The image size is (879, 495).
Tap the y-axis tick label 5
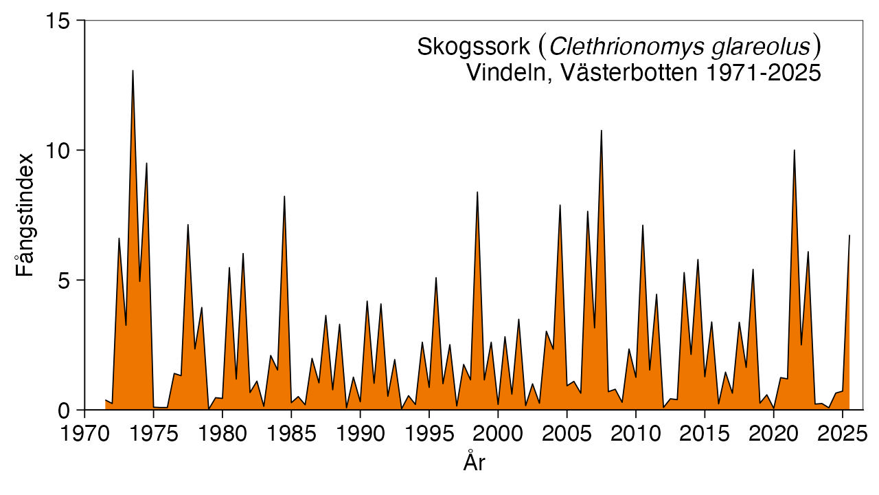65,280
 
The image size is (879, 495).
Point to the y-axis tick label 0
65,410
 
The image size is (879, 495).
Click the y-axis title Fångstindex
25,216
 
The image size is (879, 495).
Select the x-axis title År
474,462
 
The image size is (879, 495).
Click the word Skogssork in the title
473,47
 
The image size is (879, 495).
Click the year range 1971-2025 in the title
758,73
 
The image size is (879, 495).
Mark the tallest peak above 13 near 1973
133,71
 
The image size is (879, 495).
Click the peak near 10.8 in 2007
602,131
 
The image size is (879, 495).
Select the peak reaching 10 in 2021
795,151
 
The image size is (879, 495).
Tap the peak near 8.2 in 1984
284,197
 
